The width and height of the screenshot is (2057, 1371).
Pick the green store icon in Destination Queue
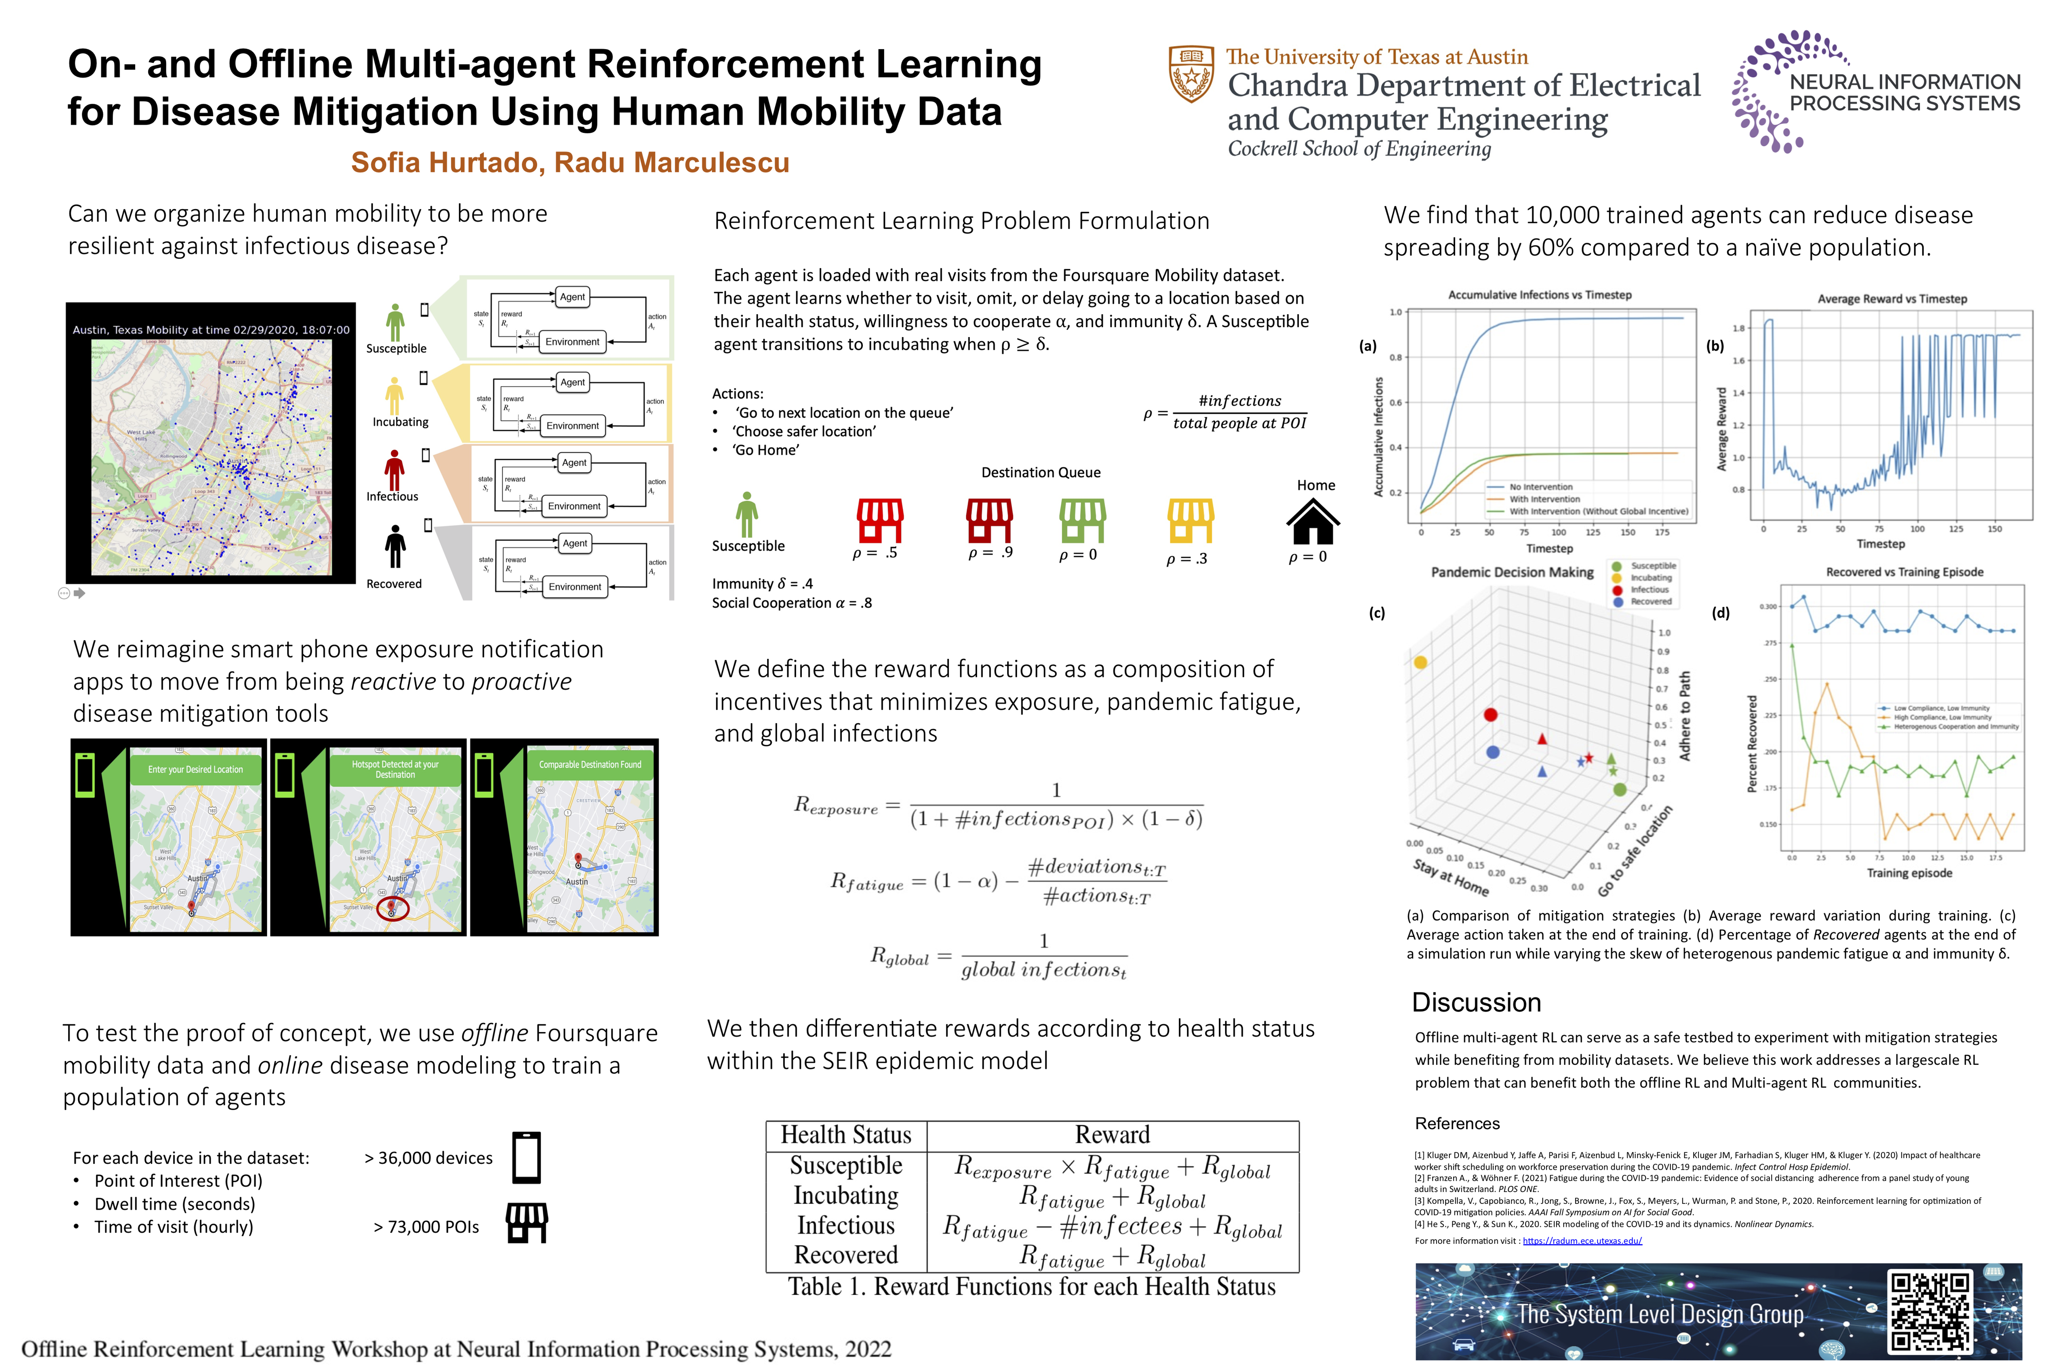pos(1083,521)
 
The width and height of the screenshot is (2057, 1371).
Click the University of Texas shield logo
pos(1191,74)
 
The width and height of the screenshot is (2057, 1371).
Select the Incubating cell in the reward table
pos(846,1195)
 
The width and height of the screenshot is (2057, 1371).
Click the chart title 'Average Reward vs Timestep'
pos(1892,299)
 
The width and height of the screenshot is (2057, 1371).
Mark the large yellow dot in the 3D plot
pos(1420,663)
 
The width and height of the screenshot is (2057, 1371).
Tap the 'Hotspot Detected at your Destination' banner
pos(395,769)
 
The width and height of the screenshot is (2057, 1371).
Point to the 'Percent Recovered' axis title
pos(1752,744)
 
